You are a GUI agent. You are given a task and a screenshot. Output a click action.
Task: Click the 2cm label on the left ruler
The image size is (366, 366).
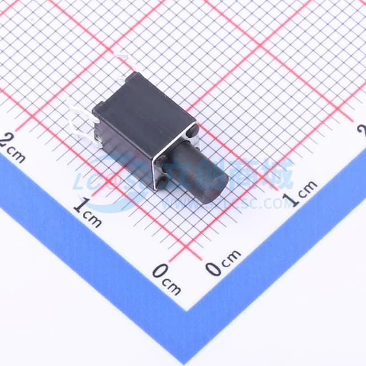coord(13,147)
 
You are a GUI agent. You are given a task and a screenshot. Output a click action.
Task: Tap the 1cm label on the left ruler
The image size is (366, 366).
coord(87,212)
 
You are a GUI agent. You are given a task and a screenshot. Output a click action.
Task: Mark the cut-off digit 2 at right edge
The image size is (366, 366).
coord(362,131)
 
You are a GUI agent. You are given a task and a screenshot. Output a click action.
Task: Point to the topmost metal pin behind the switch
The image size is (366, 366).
coord(123,60)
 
